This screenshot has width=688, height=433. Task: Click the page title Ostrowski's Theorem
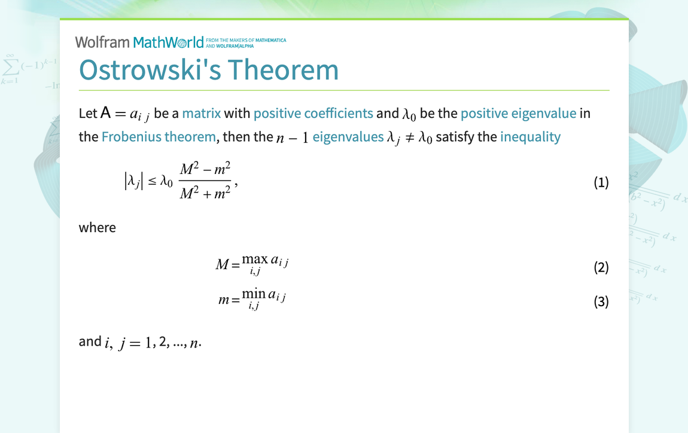point(209,69)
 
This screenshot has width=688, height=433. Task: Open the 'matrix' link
point(201,113)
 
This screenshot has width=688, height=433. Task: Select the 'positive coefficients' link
point(313,113)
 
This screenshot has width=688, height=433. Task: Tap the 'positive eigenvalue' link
point(518,113)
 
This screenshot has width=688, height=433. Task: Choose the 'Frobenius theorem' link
point(159,137)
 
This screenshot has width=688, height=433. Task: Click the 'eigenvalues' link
point(348,137)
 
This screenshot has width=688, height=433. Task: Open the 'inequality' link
point(530,137)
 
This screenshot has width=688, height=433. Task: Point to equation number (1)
point(601,182)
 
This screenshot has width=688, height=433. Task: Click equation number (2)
point(601,267)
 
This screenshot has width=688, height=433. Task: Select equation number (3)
point(601,301)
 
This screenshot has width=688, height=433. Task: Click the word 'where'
point(97,227)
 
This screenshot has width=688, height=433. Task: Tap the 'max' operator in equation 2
point(255,259)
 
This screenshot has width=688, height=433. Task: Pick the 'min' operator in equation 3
point(254,294)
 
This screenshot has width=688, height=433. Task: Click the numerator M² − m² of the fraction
point(205,170)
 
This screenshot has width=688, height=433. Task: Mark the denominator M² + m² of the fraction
point(205,193)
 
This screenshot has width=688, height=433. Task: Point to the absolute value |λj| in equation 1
point(132,182)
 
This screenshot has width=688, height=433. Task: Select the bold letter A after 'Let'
point(105,112)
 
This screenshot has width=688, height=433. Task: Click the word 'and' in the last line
point(90,341)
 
